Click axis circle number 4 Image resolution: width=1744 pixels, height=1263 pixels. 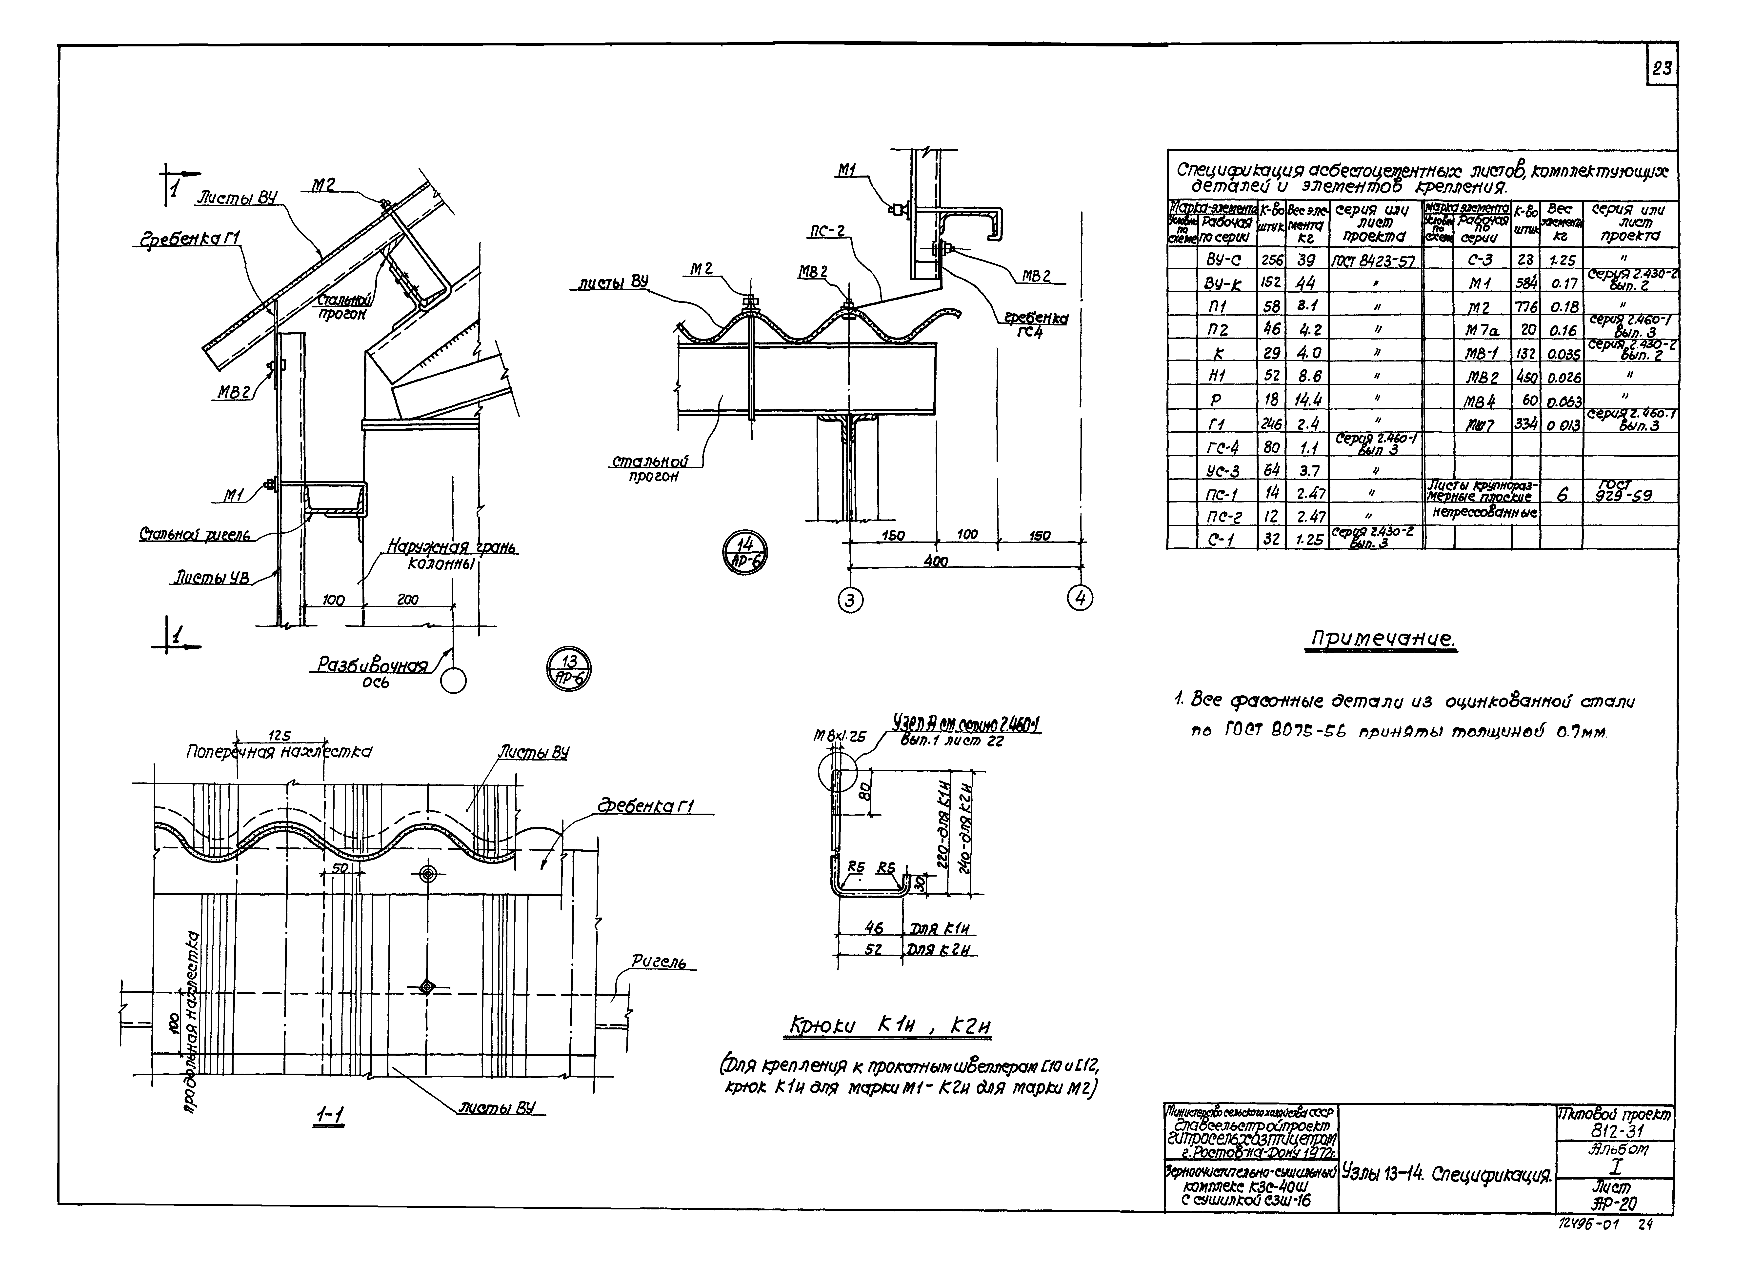[1081, 598]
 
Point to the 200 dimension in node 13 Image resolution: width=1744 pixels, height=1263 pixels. [408, 599]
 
